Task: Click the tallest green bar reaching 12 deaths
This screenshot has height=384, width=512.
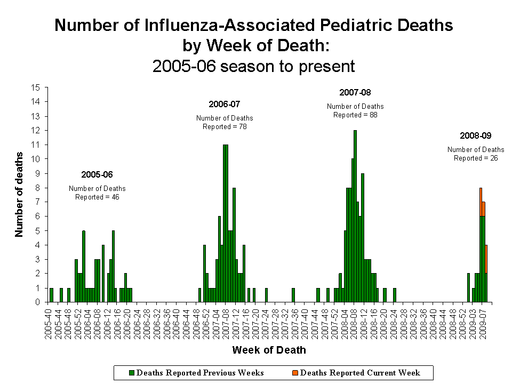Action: click(355, 216)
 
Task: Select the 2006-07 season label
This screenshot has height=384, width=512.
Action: click(225, 104)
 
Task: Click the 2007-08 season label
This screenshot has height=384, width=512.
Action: click(355, 92)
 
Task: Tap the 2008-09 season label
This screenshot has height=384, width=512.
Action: click(476, 135)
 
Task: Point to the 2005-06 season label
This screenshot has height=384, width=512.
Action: click(97, 174)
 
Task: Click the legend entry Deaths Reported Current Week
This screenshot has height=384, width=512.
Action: click(357, 373)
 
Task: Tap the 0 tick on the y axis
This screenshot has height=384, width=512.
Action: click(38, 302)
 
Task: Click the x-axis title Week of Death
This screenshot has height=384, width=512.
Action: click(269, 350)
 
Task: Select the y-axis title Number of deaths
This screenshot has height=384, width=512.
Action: click(20, 195)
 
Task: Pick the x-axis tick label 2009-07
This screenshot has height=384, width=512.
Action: click(483, 322)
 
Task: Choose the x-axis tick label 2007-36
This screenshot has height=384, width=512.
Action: click(293, 322)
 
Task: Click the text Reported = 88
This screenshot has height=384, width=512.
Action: click(355, 115)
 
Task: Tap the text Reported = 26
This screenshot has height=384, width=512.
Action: click(476, 158)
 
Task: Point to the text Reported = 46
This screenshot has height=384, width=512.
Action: click(97, 197)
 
